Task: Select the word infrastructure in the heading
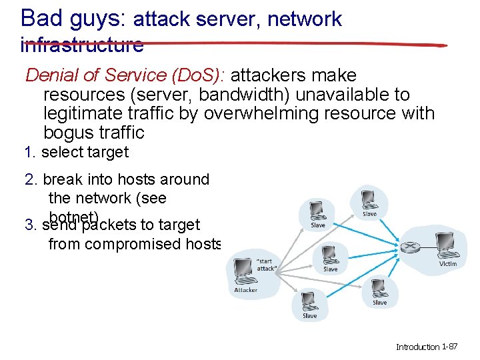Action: [82, 45]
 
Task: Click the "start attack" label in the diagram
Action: [267, 264]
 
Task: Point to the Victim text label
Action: [448, 264]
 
